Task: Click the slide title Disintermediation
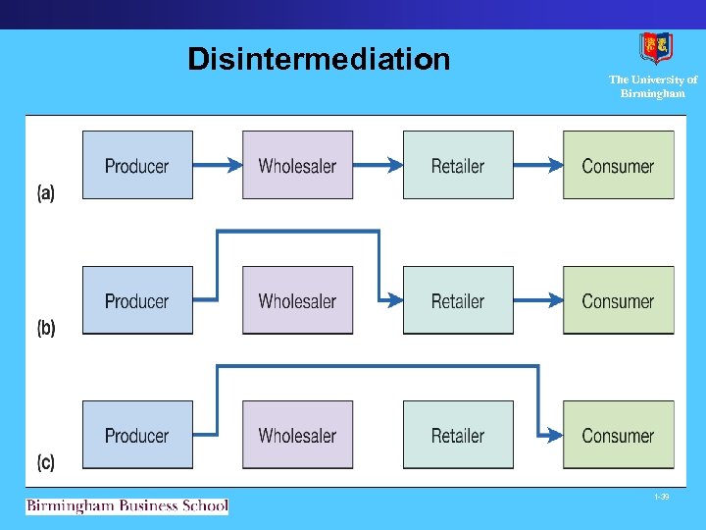point(319,60)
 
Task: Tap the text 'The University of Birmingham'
point(653,87)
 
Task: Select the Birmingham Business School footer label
point(126,506)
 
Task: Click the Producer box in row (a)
point(137,165)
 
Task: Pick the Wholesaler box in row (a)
point(297,165)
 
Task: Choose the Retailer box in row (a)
point(458,165)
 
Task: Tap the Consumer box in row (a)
point(618,165)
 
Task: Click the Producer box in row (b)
point(137,300)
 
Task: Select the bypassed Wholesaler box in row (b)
point(297,300)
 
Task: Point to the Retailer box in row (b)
point(458,300)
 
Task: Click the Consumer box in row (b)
point(618,300)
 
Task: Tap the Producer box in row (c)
point(137,435)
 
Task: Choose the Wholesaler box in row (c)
point(297,435)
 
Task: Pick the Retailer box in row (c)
point(458,435)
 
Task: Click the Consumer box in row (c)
point(618,435)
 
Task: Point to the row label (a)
point(46,193)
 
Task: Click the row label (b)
point(46,328)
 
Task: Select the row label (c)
point(46,462)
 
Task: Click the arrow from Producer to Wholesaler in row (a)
point(217,165)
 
